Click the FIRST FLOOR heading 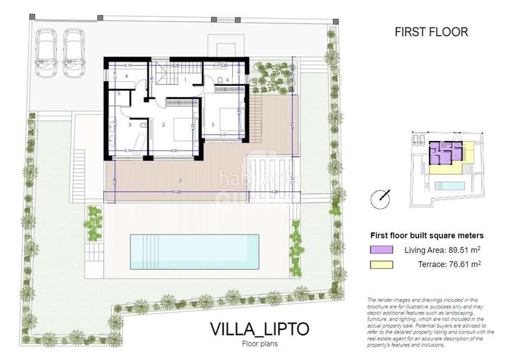[431, 31]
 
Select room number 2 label [163, 124]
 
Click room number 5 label [213, 124]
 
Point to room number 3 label [130, 124]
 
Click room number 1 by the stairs [185, 79]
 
